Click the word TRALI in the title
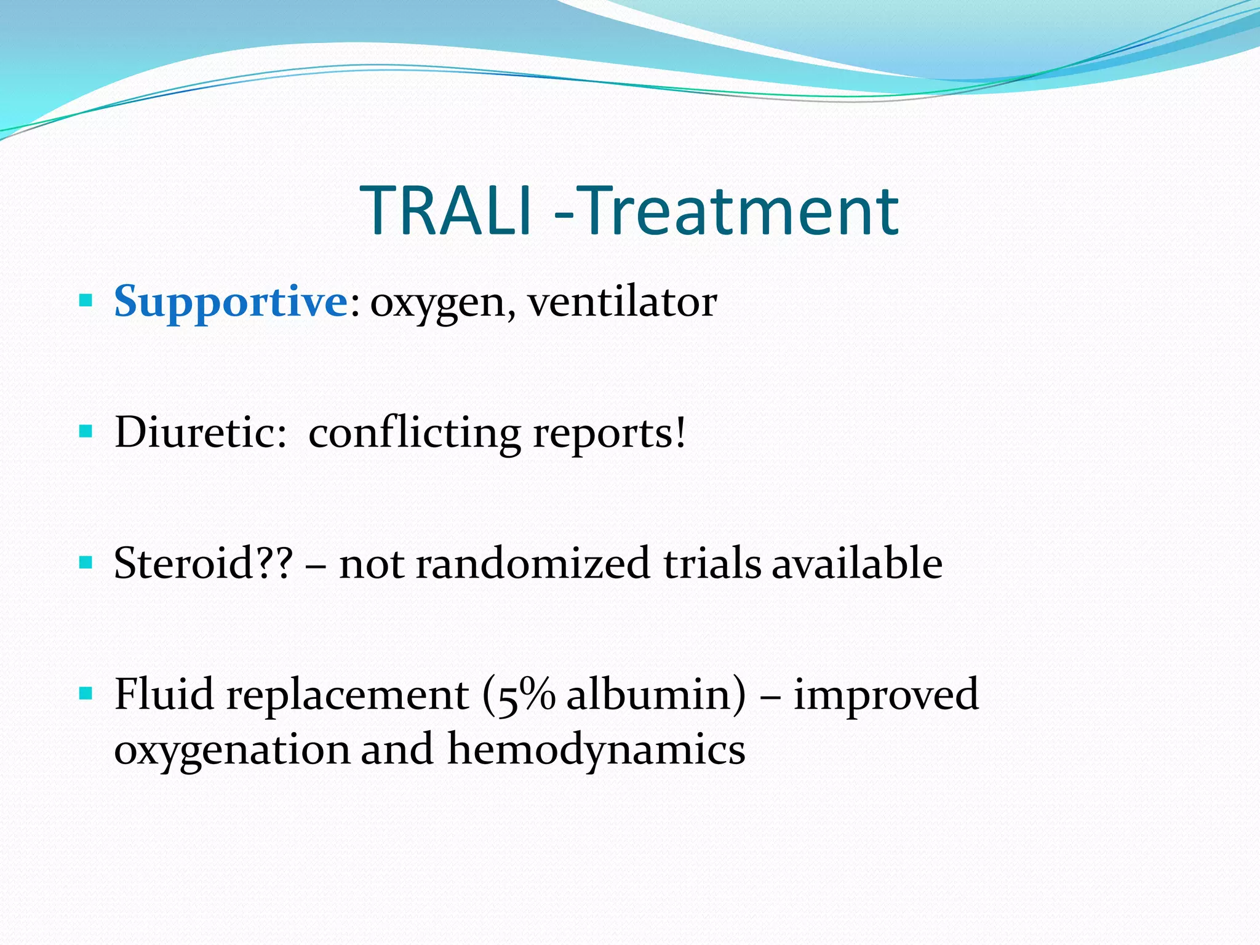[445, 211]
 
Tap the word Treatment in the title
[740, 211]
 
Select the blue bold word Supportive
[231, 302]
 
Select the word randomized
[532, 563]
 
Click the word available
[857, 563]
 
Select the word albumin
[649, 694]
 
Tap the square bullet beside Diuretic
[86, 431]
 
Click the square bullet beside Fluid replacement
[86, 694]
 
